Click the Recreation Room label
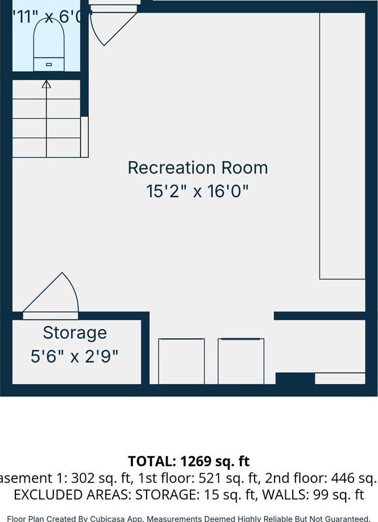(x=197, y=168)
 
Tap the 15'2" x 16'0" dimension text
(x=197, y=191)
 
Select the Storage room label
(x=74, y=332)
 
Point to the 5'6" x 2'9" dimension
(x=74, y=356)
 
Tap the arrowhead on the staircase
(x=47, y=85)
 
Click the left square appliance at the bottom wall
(x=181, y=361)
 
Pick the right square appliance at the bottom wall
(x=241, y=361)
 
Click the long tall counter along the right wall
(x=342, y=146)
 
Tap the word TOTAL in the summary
(x=152, y=461)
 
